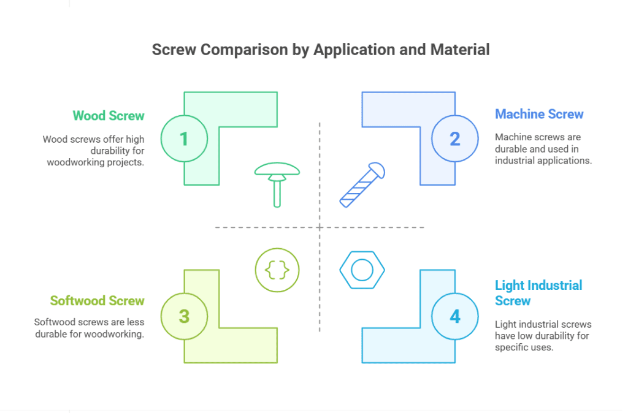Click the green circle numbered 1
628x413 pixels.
[x=184, y=138]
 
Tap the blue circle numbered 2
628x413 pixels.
[x=454, y=138]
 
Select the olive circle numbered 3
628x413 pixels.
[x=184, y=316]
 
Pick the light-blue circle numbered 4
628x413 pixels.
[x=454, y=316]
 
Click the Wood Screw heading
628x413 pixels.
[x=109, y=116]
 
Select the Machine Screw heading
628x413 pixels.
[x=539, y=114]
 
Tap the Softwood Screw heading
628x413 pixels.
[x=97, y=301]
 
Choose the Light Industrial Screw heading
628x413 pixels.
[x=538, y=292]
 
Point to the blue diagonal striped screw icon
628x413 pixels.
[x=362, y=185]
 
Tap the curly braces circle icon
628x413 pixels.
[x=277, y=269]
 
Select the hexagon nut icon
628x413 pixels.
[x=362, y=270]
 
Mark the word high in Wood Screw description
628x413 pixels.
[x=134, y=139]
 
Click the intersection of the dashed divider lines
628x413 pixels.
[x=320, y=227]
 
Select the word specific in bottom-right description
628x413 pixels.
[x=511, y=347]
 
